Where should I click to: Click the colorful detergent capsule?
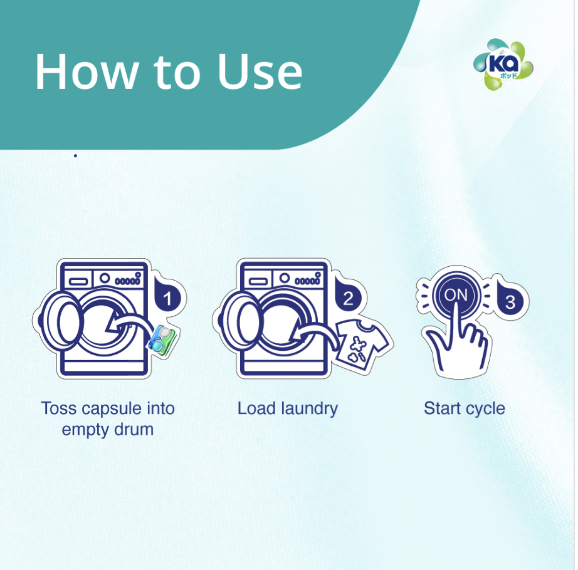tap(162, 339)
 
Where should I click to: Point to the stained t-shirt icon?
tap(358, 343)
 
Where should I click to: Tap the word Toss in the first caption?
tap(58, 408)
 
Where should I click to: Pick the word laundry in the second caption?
tap(308, 408)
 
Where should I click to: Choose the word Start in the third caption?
tap(442, 408)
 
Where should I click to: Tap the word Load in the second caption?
tap(256, 408)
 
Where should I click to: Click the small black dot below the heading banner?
tap(75, 155)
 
